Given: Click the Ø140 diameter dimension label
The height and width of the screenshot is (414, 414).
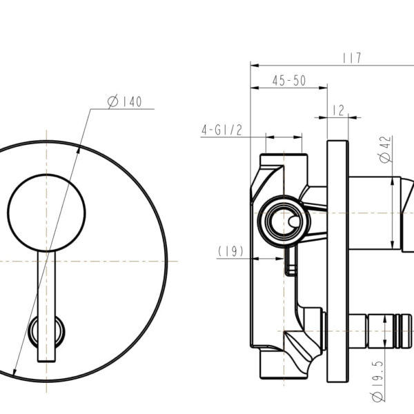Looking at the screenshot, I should coord(125,102).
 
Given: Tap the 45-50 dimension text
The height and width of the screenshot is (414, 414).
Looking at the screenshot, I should coord(288,81).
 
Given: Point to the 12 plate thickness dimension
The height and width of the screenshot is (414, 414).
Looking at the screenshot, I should coord(337,110).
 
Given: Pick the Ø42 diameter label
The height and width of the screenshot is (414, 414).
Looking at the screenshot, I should coord(385,148).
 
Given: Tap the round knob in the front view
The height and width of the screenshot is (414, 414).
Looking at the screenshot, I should coord(46,213).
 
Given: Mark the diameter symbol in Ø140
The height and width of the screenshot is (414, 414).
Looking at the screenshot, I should coord(112,102).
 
